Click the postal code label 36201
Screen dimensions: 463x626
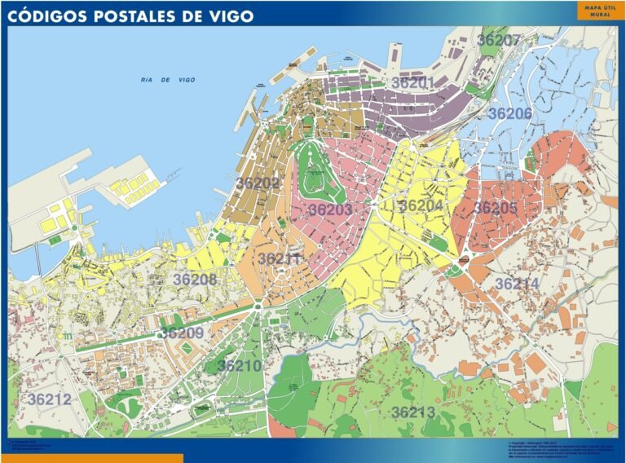(x=412, y=83)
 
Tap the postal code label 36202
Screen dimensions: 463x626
(x=258, y=183)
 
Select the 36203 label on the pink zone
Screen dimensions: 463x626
(x=330, y=210)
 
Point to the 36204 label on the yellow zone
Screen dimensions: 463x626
(x=421, y=205)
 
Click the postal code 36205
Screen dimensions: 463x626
(x=496, y=208)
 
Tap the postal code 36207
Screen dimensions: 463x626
(x=499, y=40)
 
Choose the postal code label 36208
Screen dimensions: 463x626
(x=195, y=280)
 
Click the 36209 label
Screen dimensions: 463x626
(x=182, y=333)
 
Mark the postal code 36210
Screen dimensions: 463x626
(x=240, y=366)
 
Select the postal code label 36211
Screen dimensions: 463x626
(x=280, y=259)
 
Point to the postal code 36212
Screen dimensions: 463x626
(x=50, y=399)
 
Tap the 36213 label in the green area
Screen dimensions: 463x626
(x=413, y=412)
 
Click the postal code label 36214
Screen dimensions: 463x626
(x=517, y=284)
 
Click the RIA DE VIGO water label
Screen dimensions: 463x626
(x=168, y=80)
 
